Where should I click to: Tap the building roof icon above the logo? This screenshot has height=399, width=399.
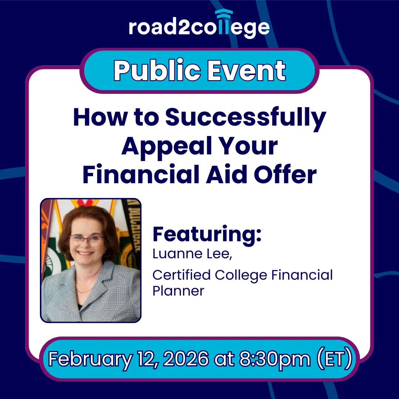(x=224, y=13)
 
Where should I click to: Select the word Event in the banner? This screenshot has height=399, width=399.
(x=246, y=70)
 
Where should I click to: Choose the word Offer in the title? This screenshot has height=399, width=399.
(x=285, y=174)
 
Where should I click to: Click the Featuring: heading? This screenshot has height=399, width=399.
(x=207, y=234)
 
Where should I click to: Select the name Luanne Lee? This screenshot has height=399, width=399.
(x=192, y=254)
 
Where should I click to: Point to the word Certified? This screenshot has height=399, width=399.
(x=181, y=275)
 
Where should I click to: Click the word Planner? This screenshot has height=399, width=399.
(x=178, y=291)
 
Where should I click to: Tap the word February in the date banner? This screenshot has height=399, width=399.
(x=91, y=359)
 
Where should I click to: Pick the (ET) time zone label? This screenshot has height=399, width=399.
(x=335, y=359)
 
